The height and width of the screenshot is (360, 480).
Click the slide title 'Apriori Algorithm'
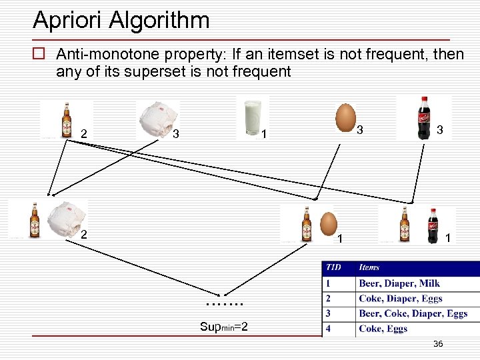tap(121, 20)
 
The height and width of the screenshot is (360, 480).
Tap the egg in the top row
tap(345, 117)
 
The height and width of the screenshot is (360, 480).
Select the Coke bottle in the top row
tap(423, 117)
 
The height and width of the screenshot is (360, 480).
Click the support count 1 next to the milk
tap(264, 135)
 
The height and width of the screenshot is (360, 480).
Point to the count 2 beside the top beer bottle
tap(83, 134)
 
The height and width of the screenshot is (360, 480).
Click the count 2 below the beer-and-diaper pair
tap(83, 235)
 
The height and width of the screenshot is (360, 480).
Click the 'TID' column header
tap(333, 267)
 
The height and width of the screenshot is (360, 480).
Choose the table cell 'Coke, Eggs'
tap(383, 329)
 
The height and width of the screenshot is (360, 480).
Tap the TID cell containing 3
tap(328, 313)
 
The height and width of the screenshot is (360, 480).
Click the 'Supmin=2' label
tap(224, 327)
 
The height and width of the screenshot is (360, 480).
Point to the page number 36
tap(438, 344)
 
